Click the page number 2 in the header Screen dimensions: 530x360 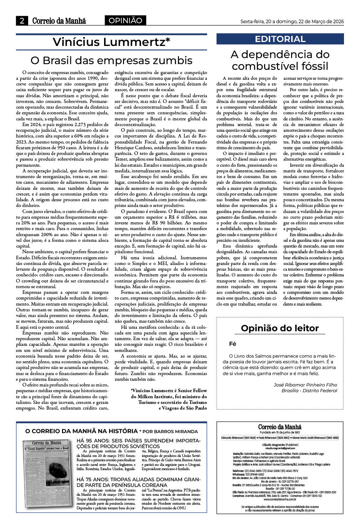(22, 21)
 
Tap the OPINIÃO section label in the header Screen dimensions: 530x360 (125, 21)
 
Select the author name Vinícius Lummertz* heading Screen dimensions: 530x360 (111, 42)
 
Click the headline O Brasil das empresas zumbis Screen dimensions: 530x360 (111, 60)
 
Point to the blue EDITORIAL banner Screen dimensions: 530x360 (280, 39)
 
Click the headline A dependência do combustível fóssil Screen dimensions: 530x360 (280, 60)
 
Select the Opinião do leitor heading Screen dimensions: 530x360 (280, 328)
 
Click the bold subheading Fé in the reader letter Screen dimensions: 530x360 (233, 344)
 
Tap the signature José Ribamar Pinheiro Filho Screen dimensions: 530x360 (305, 385)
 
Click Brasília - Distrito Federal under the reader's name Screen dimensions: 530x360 (309, 390)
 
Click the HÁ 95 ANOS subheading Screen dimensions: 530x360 (139, 443)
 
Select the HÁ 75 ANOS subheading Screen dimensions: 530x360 (139, 482)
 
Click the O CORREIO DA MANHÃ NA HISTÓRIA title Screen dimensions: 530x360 (82, 431)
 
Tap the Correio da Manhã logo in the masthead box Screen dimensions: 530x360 (280, 427)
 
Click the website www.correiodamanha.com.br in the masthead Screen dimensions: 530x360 (280, 499)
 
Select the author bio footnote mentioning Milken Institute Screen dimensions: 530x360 (169, 399)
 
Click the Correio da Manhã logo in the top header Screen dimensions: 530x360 (59, 21)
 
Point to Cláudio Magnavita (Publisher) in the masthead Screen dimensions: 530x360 (280, 445)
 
